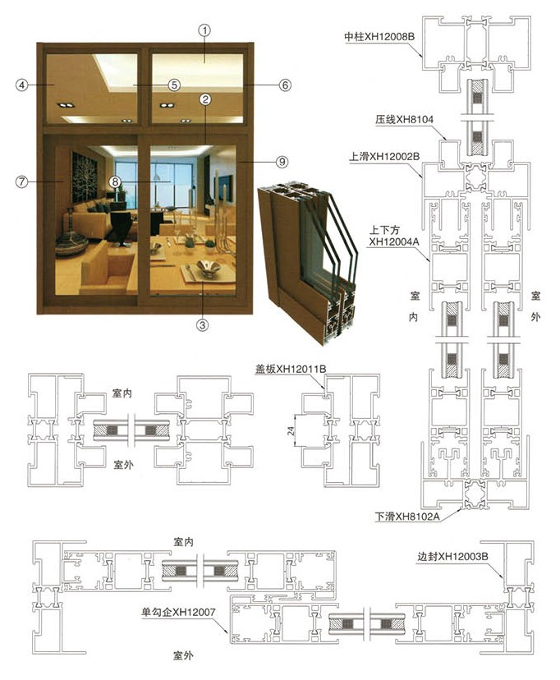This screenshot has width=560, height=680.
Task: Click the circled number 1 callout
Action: click(205, 30)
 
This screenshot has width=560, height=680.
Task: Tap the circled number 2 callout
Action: click(205, 99)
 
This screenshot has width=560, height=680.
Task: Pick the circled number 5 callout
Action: click(174, 85)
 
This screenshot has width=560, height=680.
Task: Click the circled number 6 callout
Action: click(284, 85)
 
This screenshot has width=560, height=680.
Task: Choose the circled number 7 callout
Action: click(22, 181)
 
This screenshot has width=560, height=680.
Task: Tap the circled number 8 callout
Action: click(117, 181)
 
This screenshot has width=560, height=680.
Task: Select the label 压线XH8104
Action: click(404, 120)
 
